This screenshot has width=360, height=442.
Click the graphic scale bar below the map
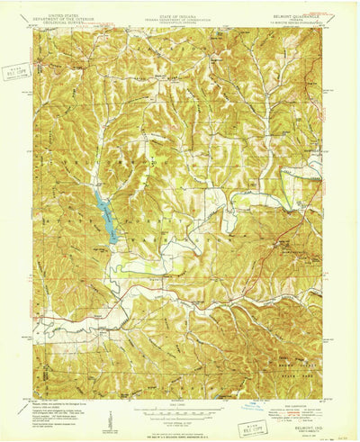pos(181,405)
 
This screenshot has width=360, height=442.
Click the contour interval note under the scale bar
pos(181,412)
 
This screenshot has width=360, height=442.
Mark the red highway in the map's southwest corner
pos(67,320)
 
